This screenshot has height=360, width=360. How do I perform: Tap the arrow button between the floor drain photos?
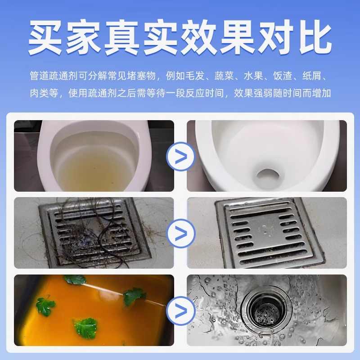click(180, 233)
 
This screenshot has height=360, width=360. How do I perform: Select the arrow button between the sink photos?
click(180, 310)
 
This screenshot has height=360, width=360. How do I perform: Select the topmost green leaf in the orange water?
click(75, 279)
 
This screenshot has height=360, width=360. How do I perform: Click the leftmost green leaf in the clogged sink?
click(45, 306)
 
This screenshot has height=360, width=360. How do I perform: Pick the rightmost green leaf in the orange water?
click(135, 296)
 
